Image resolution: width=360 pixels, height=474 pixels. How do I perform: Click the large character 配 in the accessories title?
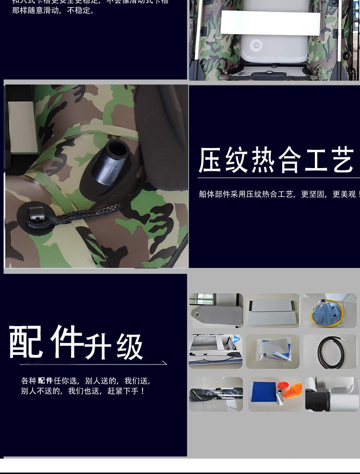26,342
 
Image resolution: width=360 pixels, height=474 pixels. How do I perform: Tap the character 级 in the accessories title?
130,347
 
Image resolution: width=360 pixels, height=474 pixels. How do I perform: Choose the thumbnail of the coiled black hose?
330,352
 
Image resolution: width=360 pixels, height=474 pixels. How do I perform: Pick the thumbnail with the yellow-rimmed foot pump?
329,311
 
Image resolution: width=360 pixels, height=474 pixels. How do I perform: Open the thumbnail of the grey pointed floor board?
216,311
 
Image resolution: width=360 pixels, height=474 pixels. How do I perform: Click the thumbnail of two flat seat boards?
273,311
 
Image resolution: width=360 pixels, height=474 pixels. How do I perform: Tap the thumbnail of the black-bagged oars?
216,394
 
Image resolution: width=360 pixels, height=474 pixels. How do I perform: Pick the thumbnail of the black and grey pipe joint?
332,394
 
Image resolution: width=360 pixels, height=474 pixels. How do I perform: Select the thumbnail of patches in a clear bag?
272,352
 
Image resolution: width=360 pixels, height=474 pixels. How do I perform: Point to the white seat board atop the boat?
271,23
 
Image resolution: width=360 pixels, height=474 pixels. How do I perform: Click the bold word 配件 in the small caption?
45,381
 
